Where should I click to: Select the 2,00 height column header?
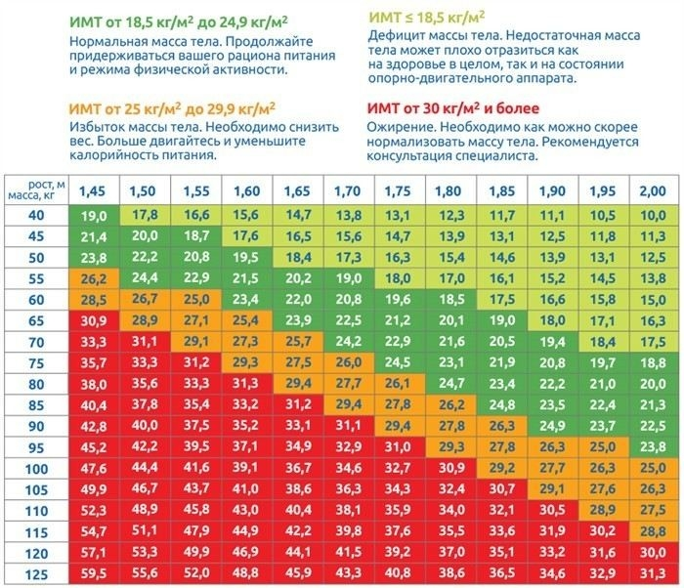pos(650,189)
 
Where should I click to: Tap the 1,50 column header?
pos(145,189)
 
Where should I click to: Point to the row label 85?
pos(37,403)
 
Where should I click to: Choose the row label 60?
pos(37,298)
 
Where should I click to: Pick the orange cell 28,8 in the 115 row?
pos(650,531)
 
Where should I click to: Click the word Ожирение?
pos(401,128)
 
